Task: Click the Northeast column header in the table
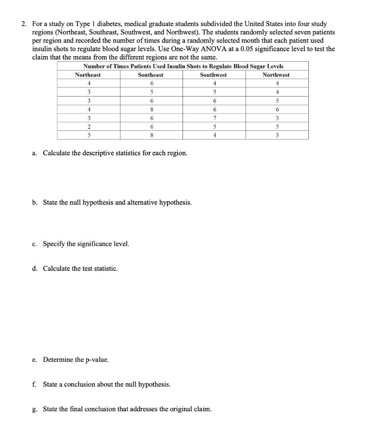88,75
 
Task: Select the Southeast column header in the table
151,75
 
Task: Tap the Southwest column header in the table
213,75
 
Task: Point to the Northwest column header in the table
276,75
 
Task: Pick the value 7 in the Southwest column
214,119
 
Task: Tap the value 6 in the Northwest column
276,110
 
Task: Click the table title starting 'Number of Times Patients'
183,66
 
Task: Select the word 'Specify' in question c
54,244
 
